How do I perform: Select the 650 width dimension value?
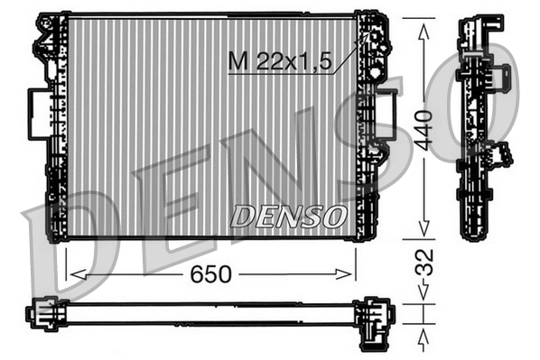[211, 273]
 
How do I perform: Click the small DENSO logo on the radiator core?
[288, 216]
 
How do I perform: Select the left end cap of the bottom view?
[42, 314]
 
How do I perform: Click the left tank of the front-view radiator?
[56, 126]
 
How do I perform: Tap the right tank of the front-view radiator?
[367, 126]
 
